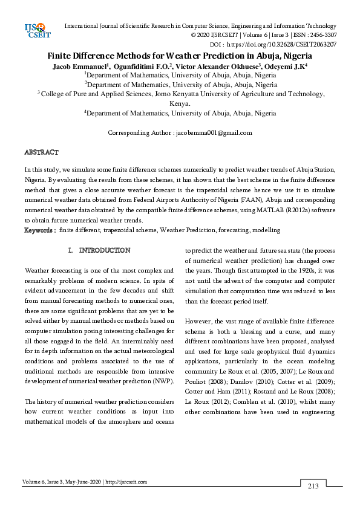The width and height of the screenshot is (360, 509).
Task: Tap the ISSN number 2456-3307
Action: pyautogui.click(x=320, y=35)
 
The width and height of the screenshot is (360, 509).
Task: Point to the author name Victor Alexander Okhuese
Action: pyautogui.click(x=210, y=65)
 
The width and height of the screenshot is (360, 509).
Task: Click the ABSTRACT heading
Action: pyautogui.click(x=41, y=152)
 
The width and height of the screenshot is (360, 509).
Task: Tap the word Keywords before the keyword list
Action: pyautogui.click(x=40, y=230)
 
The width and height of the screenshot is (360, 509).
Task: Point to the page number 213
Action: pyautogui.click(x=313, y=485)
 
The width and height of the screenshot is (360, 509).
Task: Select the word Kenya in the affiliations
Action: pyautogui.click(x=179, y=103)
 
